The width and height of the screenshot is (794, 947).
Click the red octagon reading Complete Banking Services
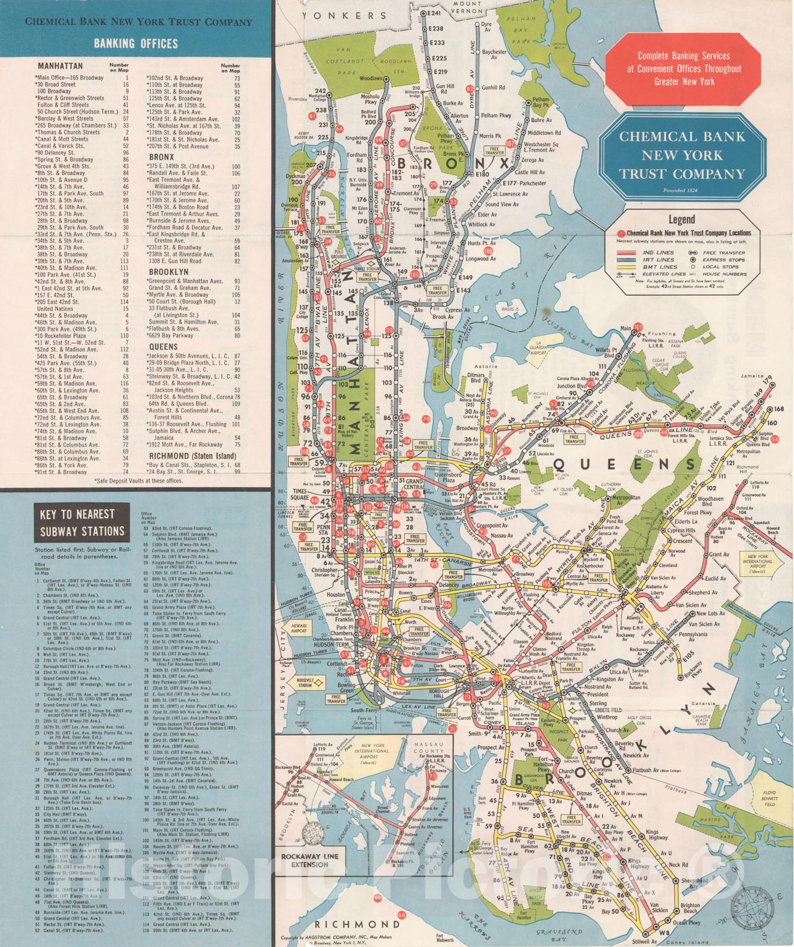tap(684, 69)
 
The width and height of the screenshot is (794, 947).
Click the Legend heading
tap(682, 220)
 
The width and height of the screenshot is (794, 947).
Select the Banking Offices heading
tap(135, 43)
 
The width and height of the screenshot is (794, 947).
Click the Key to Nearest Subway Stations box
tap(82, 523)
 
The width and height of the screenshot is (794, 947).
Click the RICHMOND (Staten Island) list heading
tap(192, 456)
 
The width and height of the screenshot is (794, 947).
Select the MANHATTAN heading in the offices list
tap(60, 66)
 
